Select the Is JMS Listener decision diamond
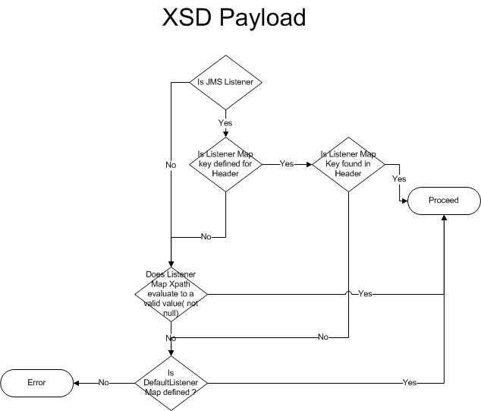(x=225, y=81)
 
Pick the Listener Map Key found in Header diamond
(x=349, y=163)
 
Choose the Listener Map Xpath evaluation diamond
(x=171, y=292)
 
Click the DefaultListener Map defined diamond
(x=171, y=382)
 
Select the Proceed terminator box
(x=444, y=201)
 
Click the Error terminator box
(x=36, y=382)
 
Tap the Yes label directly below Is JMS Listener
(x=225, y=122)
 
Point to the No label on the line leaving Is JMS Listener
(x=171, y=163)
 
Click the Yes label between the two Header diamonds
(x=287, y=163)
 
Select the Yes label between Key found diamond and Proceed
(x=399, y=179)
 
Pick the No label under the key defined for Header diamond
(x=206, y=237)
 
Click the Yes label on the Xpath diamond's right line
(x=365, y=292)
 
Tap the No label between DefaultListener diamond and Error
(x=103, y=382)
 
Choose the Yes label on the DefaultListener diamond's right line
(x=410, y=382)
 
